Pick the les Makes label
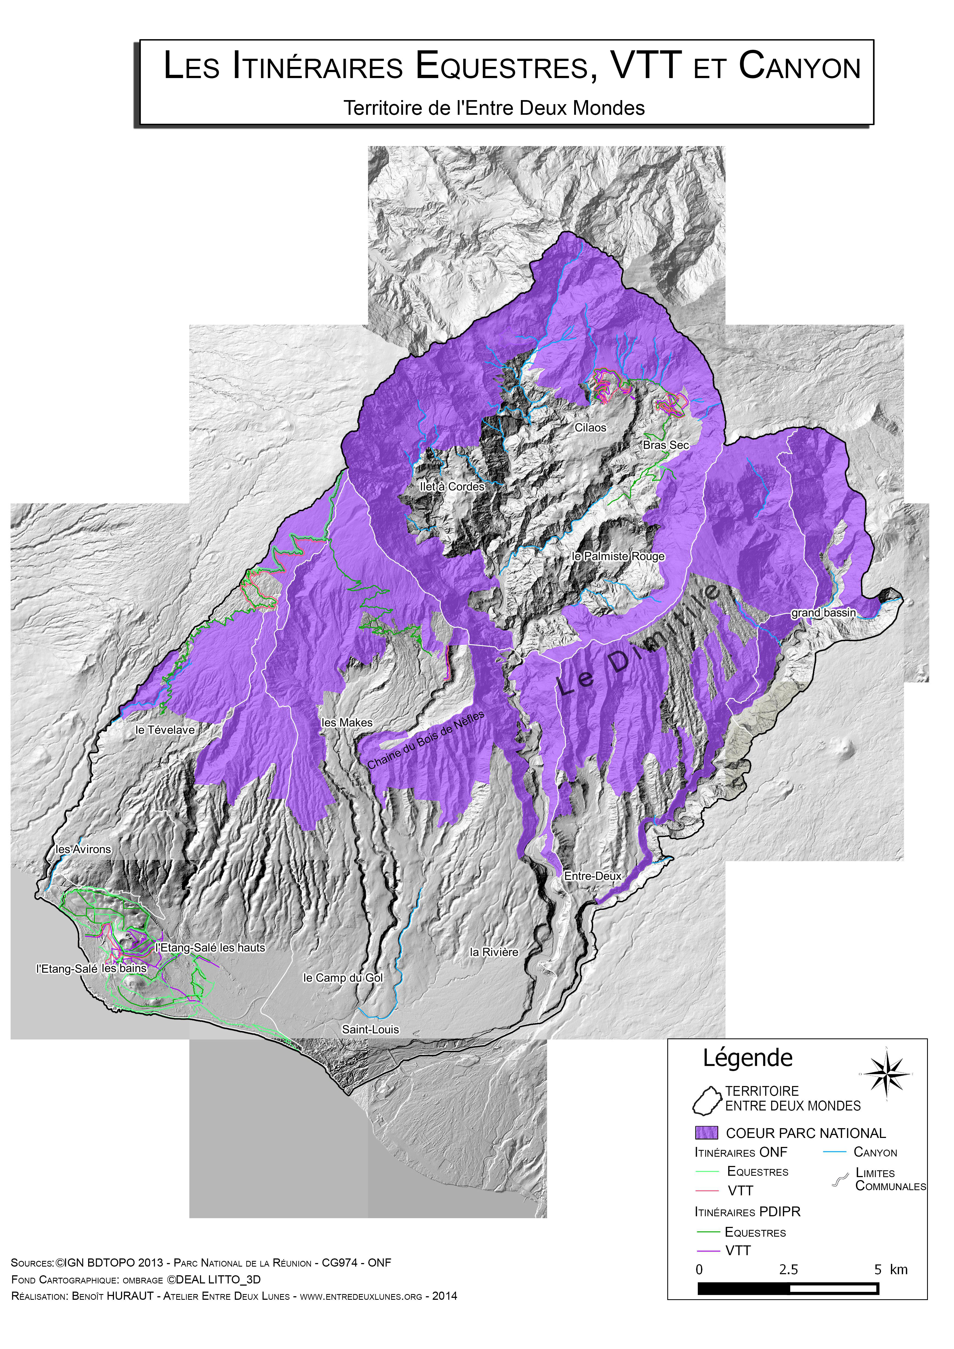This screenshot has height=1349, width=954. [x=347, y=723]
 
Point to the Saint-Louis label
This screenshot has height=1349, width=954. [x=370, y=1029]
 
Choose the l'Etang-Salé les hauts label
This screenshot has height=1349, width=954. [x=210, y=948]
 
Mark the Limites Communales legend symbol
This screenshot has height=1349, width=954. [x=841, y=1179]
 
